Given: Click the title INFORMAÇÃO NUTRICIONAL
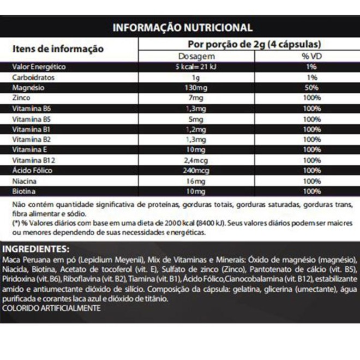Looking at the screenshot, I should (x=182, y=27).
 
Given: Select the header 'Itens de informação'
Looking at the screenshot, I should (x=58, y=49).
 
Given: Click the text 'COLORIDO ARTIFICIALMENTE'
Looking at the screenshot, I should (x=52, y=309).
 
